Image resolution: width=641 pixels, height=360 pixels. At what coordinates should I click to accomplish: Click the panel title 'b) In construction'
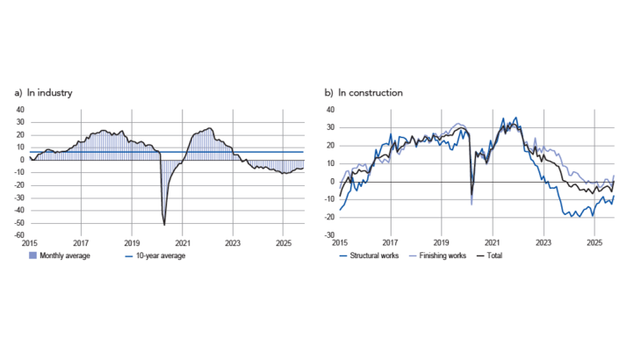click(x=364, y=92)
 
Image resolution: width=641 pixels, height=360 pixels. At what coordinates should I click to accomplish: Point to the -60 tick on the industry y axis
click(x=20, y=235)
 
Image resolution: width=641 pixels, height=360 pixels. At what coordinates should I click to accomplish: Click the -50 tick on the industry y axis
click(x=20, y=223)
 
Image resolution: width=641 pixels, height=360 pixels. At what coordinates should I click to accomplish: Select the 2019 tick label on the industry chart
click(x=132, y=243)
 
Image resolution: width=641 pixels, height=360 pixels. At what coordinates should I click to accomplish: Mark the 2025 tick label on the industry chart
click(x=284, y=243)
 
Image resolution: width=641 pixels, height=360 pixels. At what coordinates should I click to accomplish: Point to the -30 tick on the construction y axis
click(x=329, y=235)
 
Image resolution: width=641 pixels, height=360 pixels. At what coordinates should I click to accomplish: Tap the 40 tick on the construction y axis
click(x=331, y=110)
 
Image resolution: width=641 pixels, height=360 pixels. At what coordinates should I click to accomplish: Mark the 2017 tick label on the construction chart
click(x=391, y=243)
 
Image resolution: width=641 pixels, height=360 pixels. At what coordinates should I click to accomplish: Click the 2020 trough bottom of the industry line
click(x=164, y=225)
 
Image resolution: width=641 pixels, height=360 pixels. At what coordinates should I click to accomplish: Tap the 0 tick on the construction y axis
click(x=333, y=182)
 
